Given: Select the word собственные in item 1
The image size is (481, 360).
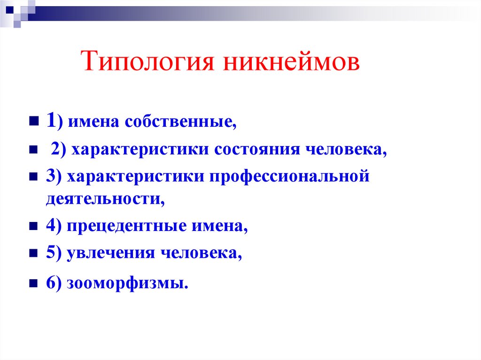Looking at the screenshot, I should (180, 123).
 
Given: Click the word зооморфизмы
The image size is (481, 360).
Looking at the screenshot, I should (127, 283).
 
